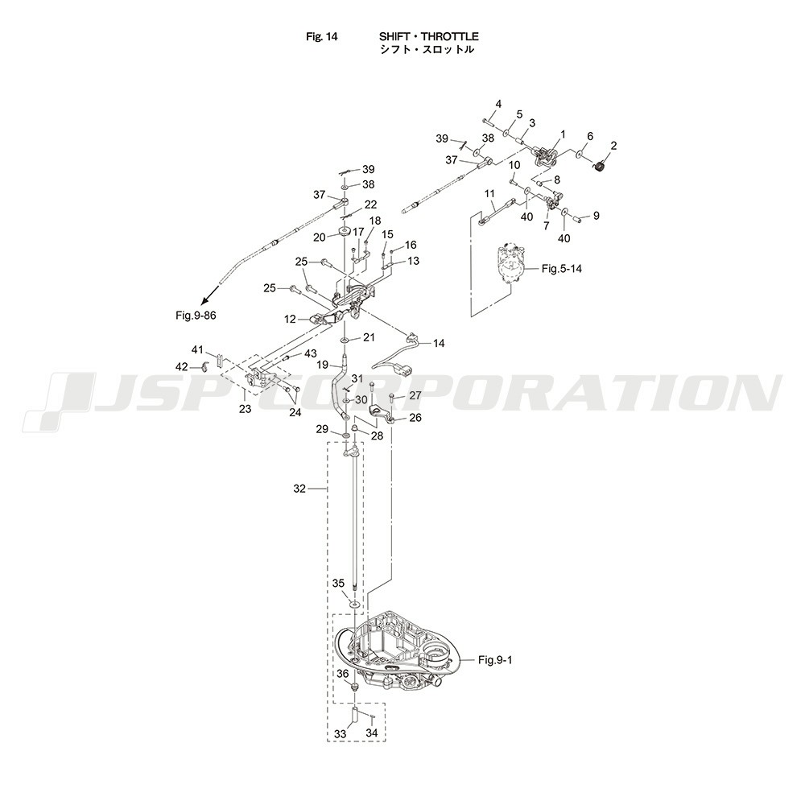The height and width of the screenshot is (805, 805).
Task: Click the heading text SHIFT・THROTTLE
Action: tap(428, 36)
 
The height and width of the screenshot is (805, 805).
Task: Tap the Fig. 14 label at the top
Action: tap(322, 36)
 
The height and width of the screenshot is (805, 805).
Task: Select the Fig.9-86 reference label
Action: tap(196, 315)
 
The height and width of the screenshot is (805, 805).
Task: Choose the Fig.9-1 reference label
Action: tap(495, 660)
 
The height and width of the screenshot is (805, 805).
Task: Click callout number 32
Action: tap(299, 489)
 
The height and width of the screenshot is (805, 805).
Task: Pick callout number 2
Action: tap(613, 146)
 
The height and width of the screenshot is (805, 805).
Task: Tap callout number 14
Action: tap(439, 343)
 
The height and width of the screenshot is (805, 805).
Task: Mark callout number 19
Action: tap(321, 365)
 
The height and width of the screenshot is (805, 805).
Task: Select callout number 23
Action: tap(245, 409)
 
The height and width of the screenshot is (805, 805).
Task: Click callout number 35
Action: tap(338, 583)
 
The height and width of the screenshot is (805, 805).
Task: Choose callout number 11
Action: tap(489, 193)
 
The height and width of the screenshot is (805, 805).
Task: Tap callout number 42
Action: tap(182, 367)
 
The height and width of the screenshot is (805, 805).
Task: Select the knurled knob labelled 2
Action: tap(598, 167)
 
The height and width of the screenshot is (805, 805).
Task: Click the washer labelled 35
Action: tap(355, 601)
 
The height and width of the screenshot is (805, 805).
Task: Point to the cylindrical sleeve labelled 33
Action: tap(355, 716)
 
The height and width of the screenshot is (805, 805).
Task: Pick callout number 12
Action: tap(290, 320)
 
